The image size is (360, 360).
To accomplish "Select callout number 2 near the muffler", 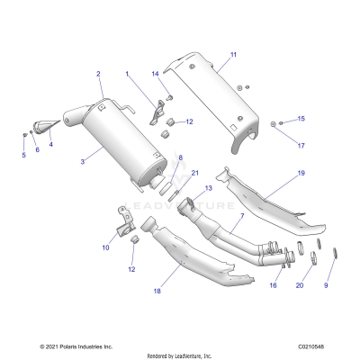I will (x=98, y=73).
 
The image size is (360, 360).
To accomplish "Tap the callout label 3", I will (x=83, y=161).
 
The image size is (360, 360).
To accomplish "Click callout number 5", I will (x=24, y=155).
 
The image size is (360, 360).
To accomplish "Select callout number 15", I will (x=275, y=119).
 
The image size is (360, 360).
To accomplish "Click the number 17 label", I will (x=275, y=145).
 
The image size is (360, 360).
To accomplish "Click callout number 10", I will (x=105, y=246).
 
